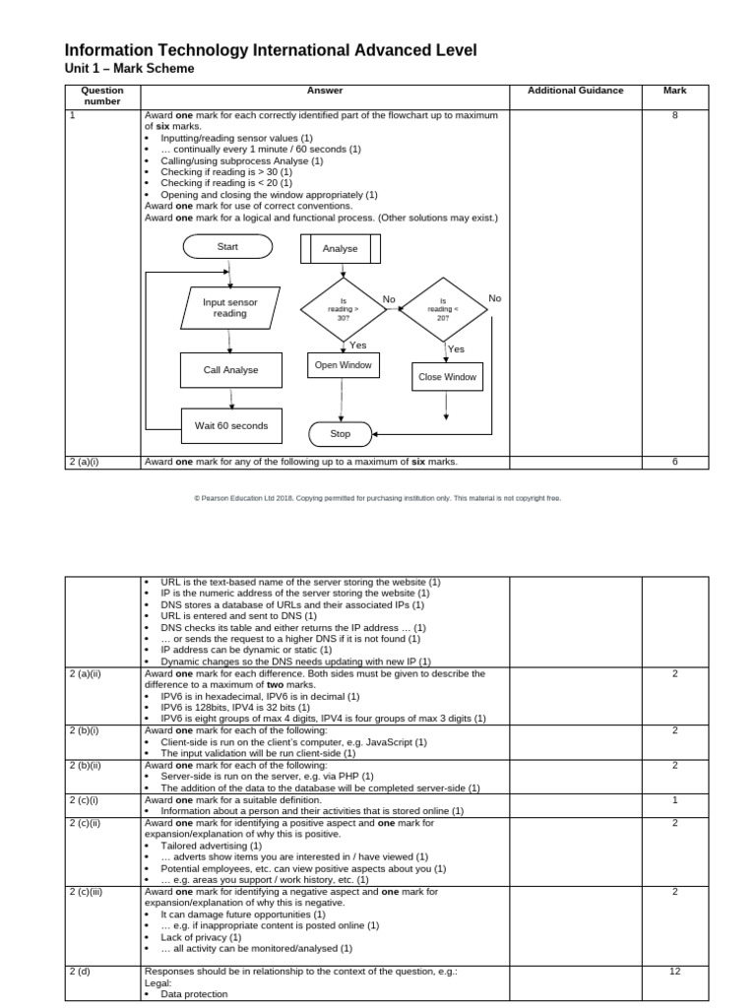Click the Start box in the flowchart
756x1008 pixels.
pos(228,247)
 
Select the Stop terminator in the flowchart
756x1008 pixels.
pos(341,433)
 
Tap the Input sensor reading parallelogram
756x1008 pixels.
pos(229,308)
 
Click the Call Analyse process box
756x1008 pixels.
pos(230,370)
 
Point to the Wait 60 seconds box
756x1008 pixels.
pos(230,426)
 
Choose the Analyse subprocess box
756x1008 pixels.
pos(341,249)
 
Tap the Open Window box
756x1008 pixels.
pos(342,365)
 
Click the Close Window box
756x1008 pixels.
pos(447,377)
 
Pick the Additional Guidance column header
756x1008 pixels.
pos(575,91)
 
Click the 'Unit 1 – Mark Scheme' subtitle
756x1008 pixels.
pos(129,68)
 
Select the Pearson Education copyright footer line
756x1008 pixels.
pos(378,498)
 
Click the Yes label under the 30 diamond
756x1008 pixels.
pos(357,346)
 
